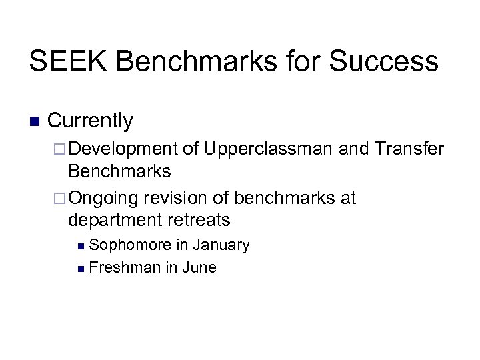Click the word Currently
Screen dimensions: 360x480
click(91, 121)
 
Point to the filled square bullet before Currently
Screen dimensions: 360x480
click(35, 122)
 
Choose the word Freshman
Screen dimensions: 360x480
click(123, 267)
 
